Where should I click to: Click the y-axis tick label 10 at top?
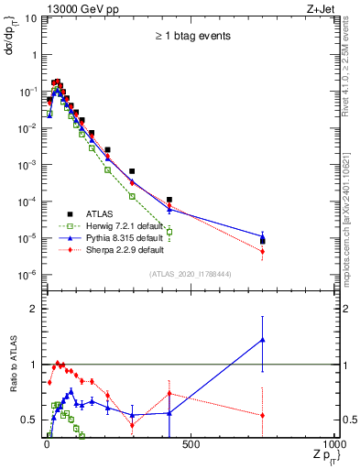pyautogui.click(x=31, y=17)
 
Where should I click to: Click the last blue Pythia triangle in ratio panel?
pyautogui.click(x=263, y=340)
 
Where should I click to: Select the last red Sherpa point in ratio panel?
pyautogui.click(x=263, y=415)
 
